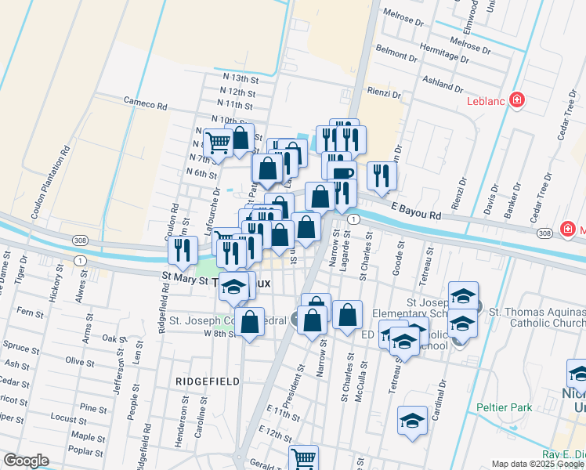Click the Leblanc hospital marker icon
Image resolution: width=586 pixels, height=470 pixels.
516,99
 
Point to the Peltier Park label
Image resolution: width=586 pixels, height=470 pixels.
505,407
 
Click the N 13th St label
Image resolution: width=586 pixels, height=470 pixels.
240,78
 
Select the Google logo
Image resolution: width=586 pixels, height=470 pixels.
27,461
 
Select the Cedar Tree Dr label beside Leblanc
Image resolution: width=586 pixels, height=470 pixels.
561,117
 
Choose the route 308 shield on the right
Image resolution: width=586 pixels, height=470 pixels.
545,233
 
